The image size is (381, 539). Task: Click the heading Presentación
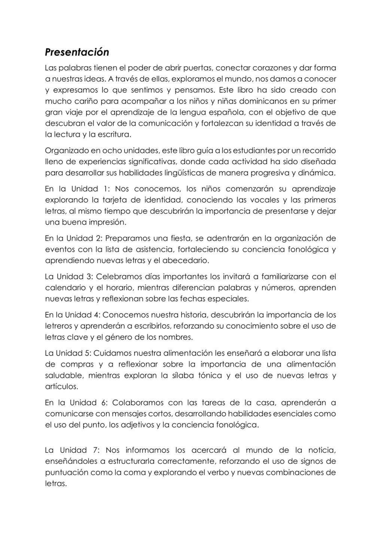pyautogui.click(x=77, y=52)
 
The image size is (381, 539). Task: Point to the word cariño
pyautogui.click(x=76, y=101)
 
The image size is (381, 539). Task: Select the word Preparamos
pyautogui.click(x=123, y=238)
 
